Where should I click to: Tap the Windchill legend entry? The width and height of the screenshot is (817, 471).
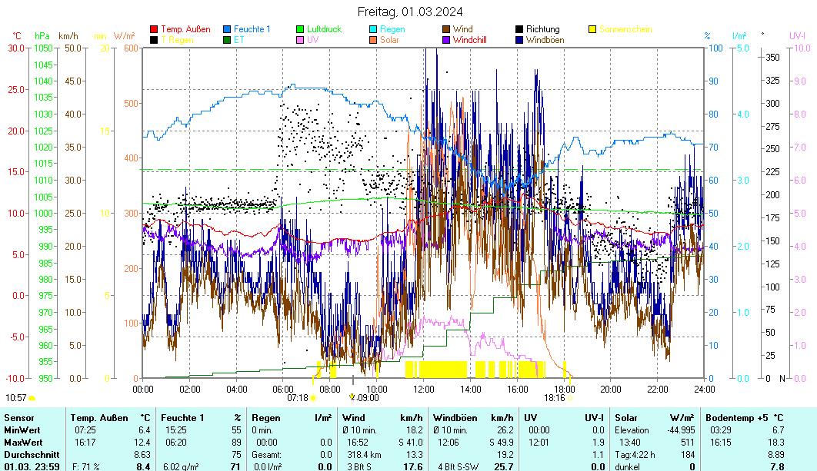(473, 39)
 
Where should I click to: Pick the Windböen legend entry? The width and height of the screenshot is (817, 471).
(545, 39)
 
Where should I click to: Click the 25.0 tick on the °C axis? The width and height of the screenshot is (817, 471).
(15, 89)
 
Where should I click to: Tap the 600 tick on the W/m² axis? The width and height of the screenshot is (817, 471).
(129, 48)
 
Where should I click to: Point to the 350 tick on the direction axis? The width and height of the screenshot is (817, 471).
(773, 57)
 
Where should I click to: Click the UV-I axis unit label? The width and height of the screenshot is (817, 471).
(797, 35)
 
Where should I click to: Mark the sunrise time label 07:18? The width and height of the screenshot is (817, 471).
(298, 397)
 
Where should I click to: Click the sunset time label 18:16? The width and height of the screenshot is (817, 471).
(554, 397)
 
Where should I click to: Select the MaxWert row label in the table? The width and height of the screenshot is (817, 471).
(23, 442)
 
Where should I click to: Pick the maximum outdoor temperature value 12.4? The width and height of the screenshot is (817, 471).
(143, 442)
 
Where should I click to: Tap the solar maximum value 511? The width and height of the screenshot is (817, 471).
(686, 442)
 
